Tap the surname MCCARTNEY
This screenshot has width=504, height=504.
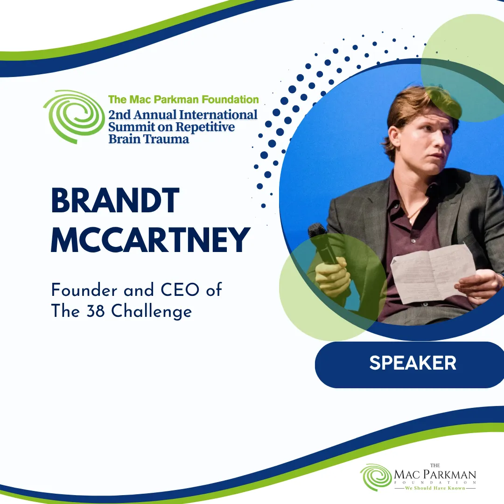(150, 239)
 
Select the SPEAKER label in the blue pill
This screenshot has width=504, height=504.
(413, 363)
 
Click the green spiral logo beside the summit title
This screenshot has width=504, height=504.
(74, 116)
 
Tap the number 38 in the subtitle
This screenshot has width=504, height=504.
(95, 311)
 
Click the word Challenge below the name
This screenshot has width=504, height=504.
(151, 312)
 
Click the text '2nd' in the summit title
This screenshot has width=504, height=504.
(119, 115)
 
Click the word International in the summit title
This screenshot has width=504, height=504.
(218, 115)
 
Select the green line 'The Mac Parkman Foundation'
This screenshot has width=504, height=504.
(183, 100)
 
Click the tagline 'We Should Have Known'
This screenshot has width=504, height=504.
(435, 488)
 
